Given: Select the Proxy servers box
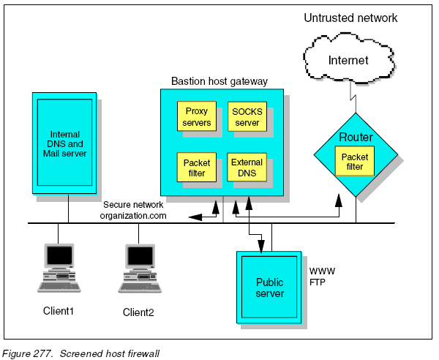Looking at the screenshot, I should click(x=196, y=117).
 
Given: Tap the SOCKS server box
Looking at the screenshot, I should click(x=247, y=117).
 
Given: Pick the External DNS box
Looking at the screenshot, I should click(x=247, y=168).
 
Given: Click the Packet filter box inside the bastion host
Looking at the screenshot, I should click(x=196, y=168).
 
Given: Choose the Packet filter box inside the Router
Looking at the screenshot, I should click(x=354, y=161).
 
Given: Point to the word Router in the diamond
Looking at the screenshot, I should click(x=356, y=138).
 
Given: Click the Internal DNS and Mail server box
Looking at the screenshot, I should click(x=64, y=143).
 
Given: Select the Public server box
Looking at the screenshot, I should click(x=269, y=288).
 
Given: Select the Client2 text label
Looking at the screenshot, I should click(x=138, y=312).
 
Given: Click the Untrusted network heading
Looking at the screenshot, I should click(x=350, y=17).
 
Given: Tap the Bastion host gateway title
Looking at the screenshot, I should click(x=219, y=81).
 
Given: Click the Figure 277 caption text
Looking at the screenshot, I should click(x=80, y=353).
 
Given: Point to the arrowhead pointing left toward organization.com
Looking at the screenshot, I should click(x=192, y=217).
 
